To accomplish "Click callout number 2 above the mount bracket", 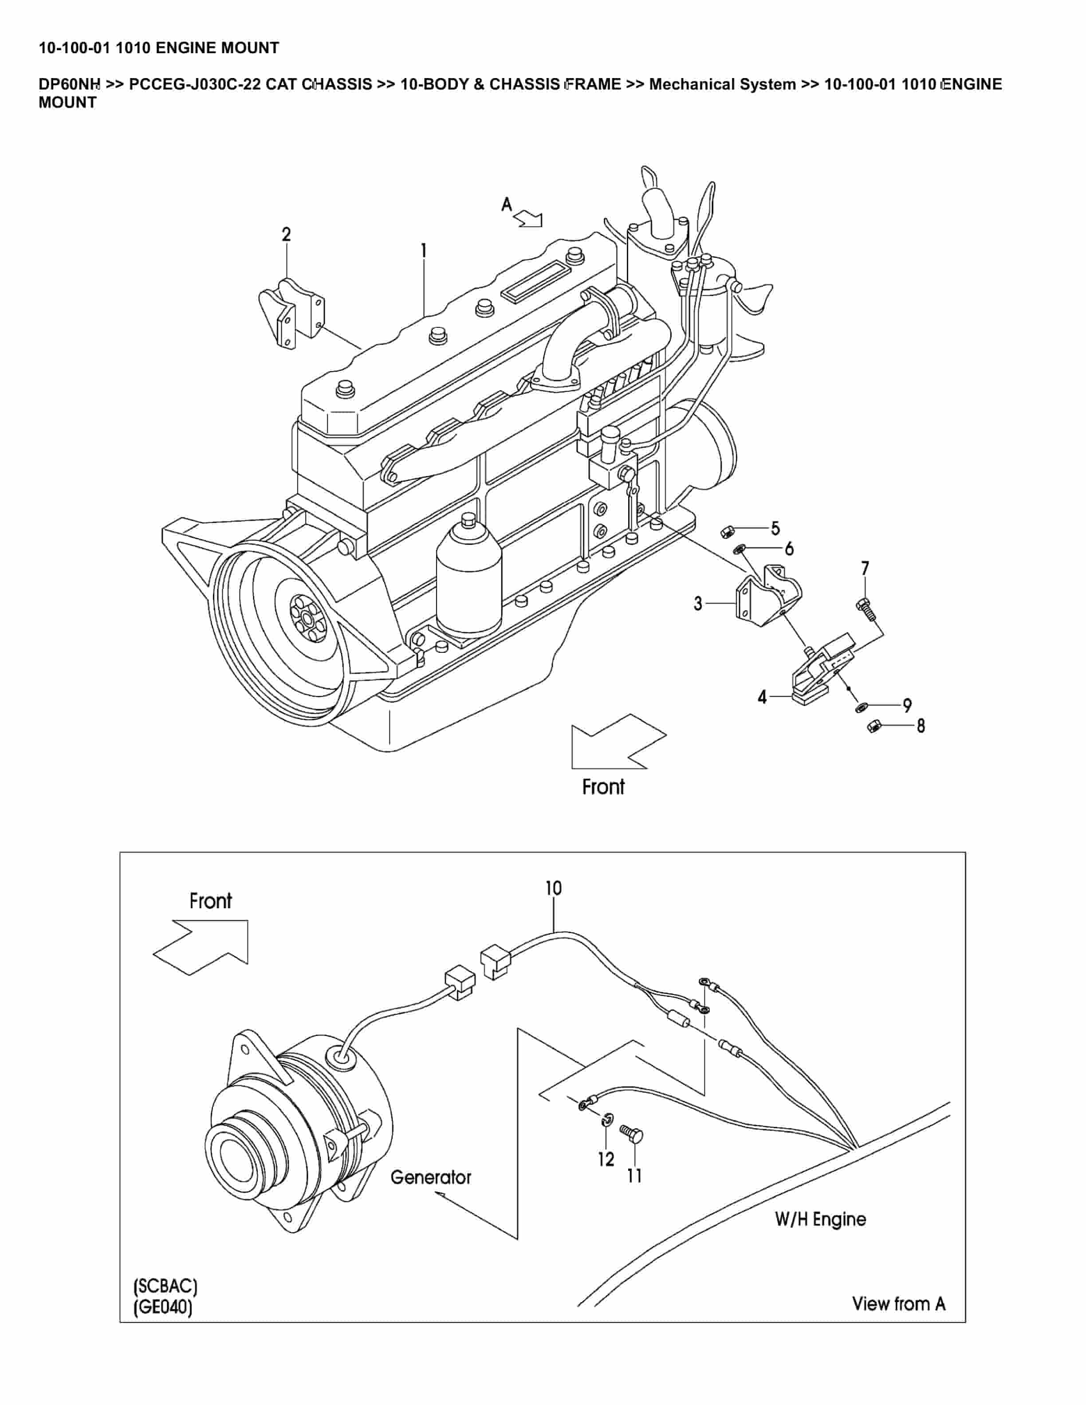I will pyautogui.click(x=286, y=234).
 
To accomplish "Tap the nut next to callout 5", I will pyautogui.click(x=724, y=531).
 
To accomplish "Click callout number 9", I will pyautogui.click(x=907, y=706).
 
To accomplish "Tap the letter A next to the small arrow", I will pyautogui.click(x=507, y=204).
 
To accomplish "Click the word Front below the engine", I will pyautogui.click(x=603, y=787).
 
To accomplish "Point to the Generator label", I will pyautogui.click(x=430, y=1177).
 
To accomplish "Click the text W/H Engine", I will pyautogui.click(x=820, y=1219).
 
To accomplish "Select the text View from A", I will pyautogui.click(x=898, y=1303).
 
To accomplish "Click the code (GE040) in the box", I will pyautogui.click(x=163, y=1307).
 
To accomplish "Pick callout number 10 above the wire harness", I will pyautogui.click(x=553, y=888).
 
